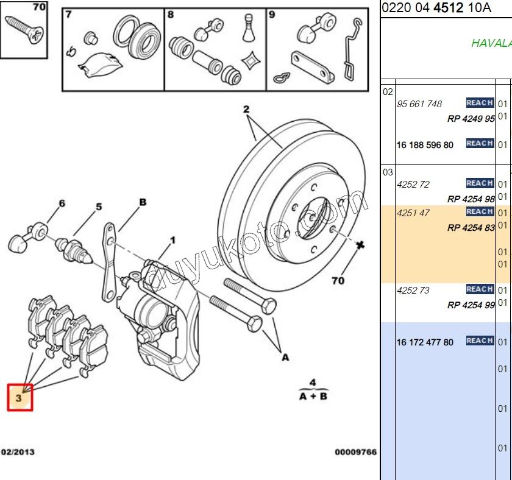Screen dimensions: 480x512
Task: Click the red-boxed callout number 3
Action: click(x=19, y=398)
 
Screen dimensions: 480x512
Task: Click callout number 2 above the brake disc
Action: click(x=246, y=110)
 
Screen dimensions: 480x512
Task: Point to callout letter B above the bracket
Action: click(x=143, y=202)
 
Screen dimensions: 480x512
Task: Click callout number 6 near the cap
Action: click(x=61, y=203)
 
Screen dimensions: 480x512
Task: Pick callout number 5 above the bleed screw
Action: click(x=98, y=207)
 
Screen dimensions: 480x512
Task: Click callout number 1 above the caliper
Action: click(x=172, y=241)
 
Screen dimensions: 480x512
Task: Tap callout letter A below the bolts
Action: click(x=285, y=358)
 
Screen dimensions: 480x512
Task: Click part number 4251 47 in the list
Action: click(x=413, y=213)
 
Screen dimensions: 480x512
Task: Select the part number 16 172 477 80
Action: click(x=425, y=342)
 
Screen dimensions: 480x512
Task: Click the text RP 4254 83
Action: click(x=471, y=228)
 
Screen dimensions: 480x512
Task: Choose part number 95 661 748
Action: click(x=419, y=104)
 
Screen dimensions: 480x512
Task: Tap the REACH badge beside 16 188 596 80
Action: click(x=480, y=144)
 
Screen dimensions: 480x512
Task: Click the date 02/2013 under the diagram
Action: click(x=18, y=452)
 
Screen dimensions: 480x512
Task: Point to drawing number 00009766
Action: click(x=355, y=452)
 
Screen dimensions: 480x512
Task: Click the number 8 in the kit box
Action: click(x=171, y=15)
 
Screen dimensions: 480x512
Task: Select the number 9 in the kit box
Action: click(x=272, y=15)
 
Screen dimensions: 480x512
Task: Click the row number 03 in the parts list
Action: click(x=388, y=172)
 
